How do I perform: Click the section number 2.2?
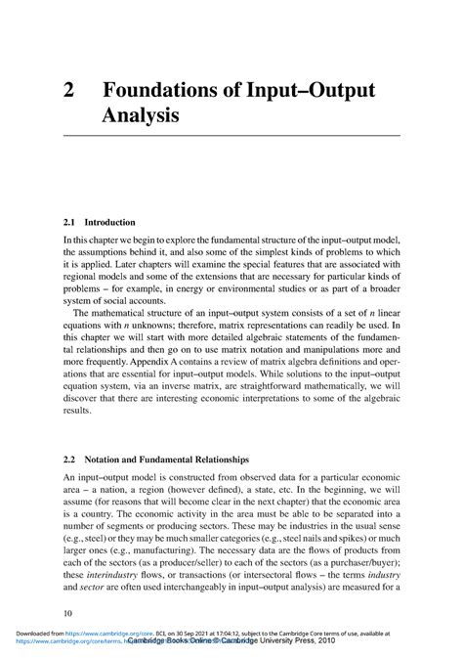click(70, 459)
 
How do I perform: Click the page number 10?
click(67, 613)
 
